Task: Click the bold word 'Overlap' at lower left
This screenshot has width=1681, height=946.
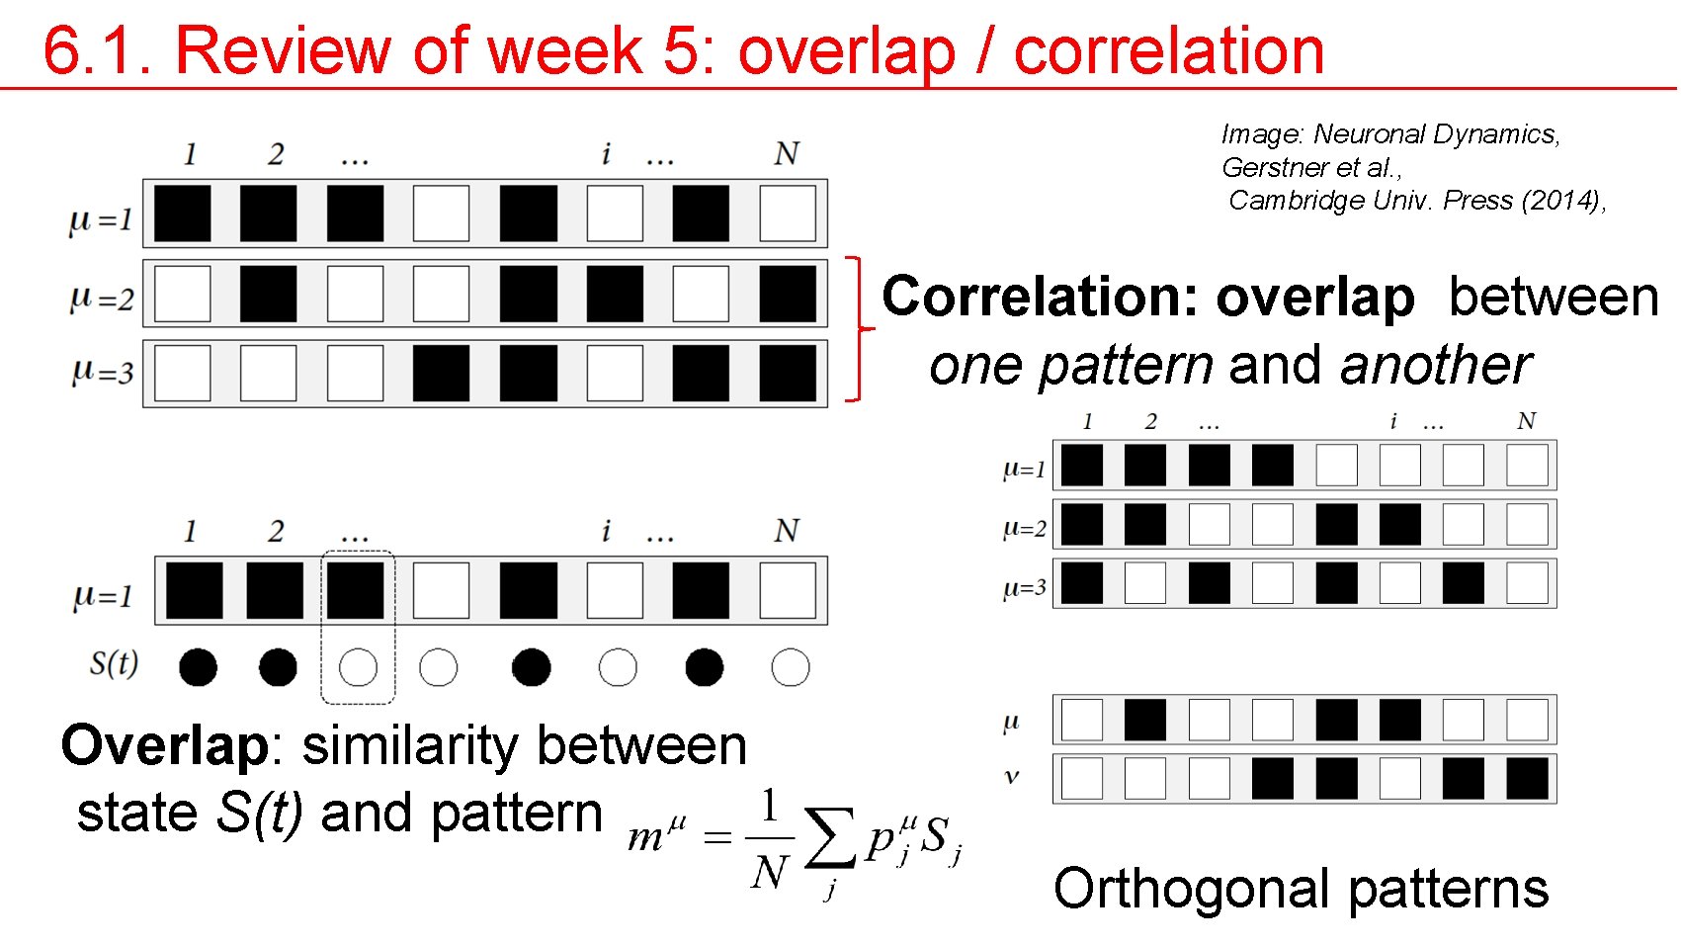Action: click(x=164, y=744)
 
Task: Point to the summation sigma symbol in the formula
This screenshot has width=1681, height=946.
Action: click(x=829, y=838)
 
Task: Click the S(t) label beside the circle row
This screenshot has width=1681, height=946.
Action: click(x=114, y=662)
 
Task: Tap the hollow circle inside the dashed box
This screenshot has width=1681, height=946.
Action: click(x=358, y=667)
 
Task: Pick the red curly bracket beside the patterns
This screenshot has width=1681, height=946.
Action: click(x=856, y=329)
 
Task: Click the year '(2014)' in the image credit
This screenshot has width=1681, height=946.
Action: click(x=1562, y=201)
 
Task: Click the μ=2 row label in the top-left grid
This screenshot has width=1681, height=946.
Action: click(x=102, y=297)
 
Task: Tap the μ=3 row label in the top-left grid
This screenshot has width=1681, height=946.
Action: click(x=102, y=372)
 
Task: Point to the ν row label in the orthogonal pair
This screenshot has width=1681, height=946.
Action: click(x=1011, y=777)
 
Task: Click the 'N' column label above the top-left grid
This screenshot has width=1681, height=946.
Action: click(x=787, y=154)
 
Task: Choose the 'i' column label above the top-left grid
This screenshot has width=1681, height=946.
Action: click(x=606, y=153)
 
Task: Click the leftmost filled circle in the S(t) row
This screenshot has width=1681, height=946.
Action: click(x=198, y=667)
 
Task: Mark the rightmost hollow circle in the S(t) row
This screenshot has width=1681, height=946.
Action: click(x=790, y=667)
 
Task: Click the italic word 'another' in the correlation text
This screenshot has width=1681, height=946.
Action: click(x=1436, y=365)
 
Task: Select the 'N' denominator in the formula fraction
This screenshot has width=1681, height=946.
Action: click(x=769, y=873)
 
